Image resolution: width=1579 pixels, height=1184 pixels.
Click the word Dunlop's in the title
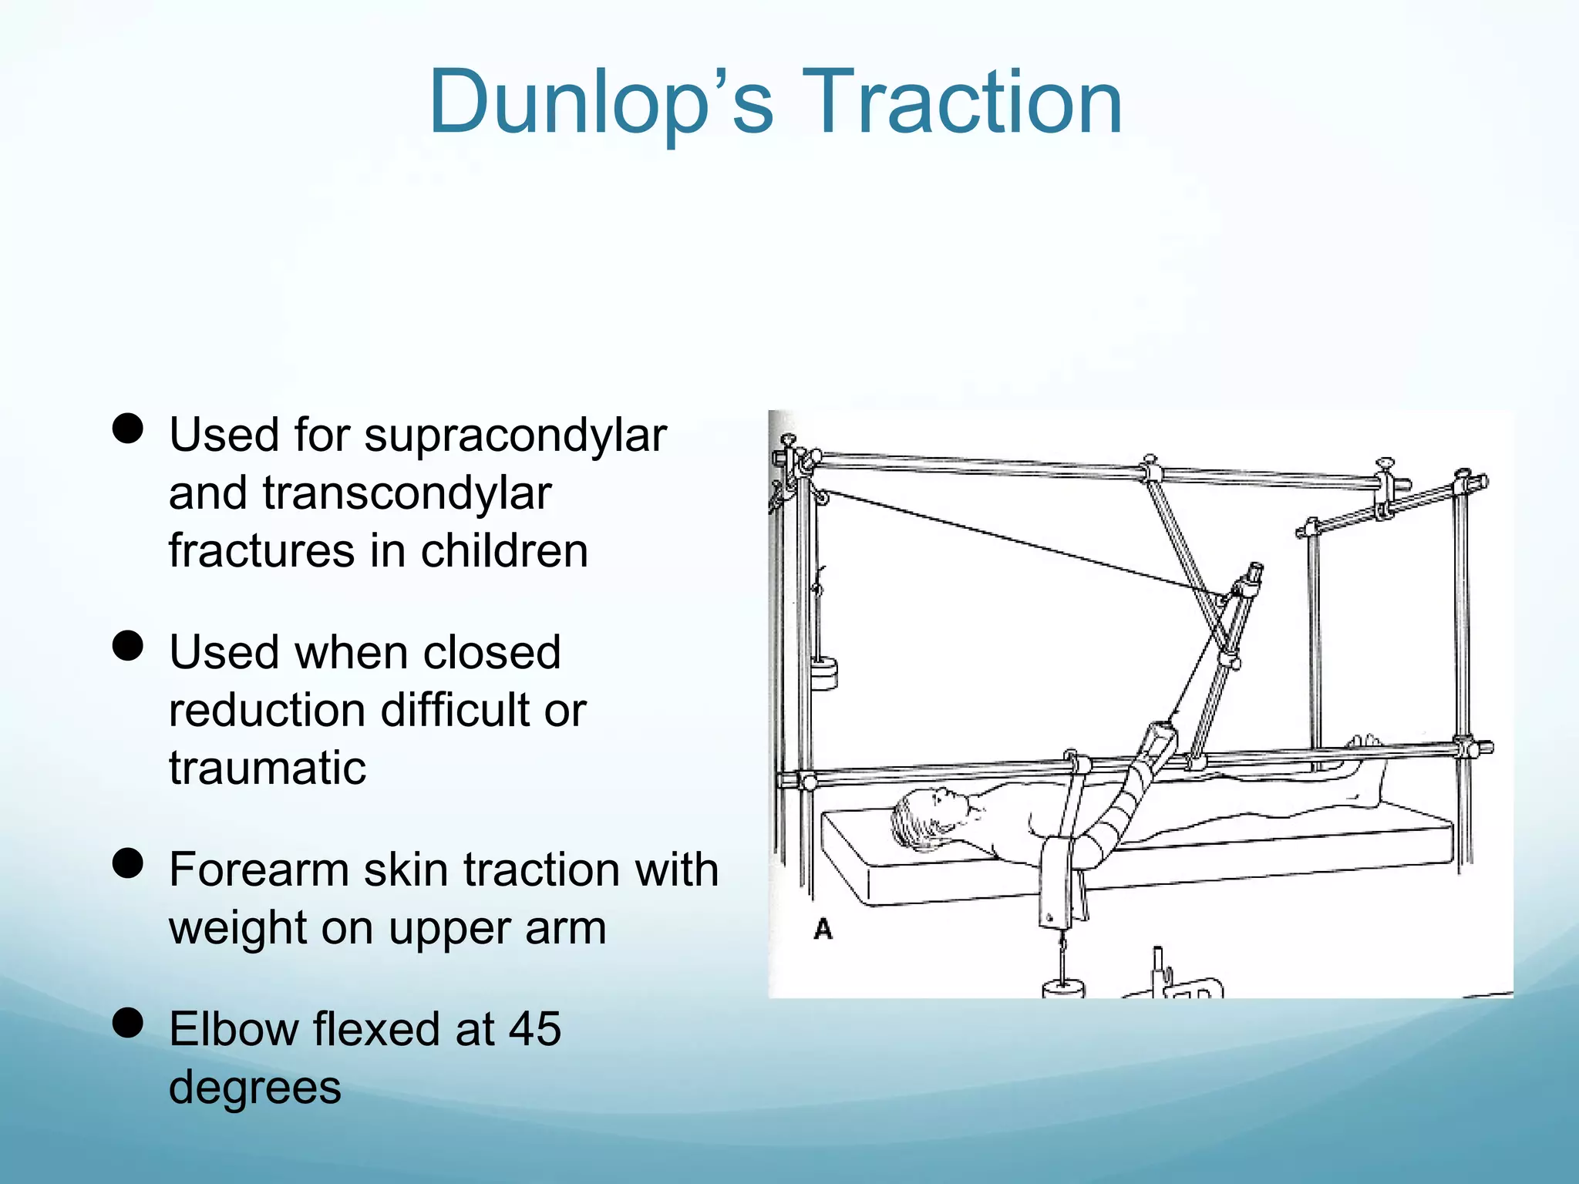[601, 103]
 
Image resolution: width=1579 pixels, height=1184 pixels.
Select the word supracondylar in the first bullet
[515, 436]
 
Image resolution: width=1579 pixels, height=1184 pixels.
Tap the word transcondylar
[406, 493]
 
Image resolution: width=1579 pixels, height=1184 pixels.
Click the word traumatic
[268, 768]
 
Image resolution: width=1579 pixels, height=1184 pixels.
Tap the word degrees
[254, 1087]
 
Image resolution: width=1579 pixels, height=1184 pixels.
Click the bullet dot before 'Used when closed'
[128, 646]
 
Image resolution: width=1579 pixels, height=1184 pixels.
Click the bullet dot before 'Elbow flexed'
[128, 1023]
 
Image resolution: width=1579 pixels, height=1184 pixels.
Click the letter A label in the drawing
[823, 929]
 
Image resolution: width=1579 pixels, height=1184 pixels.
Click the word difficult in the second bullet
[455, 710]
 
